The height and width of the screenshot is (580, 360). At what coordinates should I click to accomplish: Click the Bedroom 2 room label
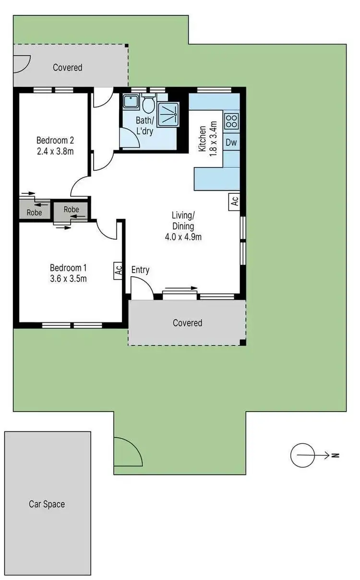coord(55,141)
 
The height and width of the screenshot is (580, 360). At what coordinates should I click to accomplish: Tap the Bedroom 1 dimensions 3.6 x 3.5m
coord(68,278)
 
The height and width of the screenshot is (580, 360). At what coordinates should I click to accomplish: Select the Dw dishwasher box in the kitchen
coord(231,142)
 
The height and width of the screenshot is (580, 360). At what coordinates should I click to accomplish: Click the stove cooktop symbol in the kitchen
coord(231,120)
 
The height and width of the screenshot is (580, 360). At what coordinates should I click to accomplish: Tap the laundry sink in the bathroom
coord(130,101)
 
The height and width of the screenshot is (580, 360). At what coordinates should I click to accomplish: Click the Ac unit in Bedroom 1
coord(119,270)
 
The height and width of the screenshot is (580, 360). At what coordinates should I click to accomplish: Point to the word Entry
coord(140,270)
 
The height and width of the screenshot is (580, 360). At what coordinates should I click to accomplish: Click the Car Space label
coord(47,504)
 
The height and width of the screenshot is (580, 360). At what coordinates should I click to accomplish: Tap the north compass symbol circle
coord(302,455)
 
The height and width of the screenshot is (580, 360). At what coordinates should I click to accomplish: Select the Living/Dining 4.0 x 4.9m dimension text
coord(183,237)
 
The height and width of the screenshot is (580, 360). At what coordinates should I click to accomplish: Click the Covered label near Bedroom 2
coord(67,68)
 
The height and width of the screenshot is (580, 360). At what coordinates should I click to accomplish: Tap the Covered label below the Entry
coord(187,323)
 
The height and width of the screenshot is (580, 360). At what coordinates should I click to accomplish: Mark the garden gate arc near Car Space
coord(127,451)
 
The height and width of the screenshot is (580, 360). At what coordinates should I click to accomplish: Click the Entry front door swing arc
coord(143,288)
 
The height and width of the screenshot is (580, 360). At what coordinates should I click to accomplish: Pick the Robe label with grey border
coord(71,210)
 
